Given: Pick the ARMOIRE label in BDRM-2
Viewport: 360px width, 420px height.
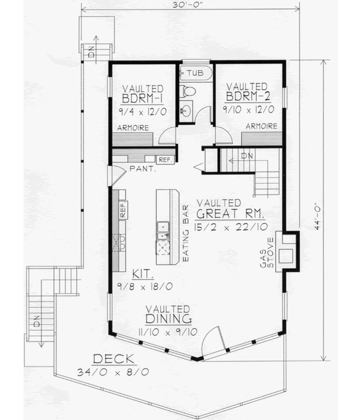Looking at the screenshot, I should coord(260,126).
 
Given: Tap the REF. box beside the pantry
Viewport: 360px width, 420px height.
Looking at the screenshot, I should coord(164,159).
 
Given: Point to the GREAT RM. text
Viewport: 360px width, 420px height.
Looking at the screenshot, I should coord(230,214).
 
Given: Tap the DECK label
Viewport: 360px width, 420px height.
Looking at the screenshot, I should coord(113,360).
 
